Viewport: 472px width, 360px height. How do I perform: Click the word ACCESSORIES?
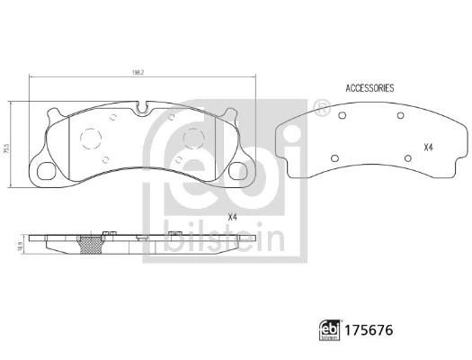pyautogui.click(x=370, y=89)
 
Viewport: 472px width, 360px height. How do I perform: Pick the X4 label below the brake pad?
pyautogui.click(x=233, y=217)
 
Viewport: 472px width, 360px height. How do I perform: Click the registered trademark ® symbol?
pyautogui.click(x=321, y=108)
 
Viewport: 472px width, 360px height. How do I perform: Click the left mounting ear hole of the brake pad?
pyautogui.click(x=45, y=171)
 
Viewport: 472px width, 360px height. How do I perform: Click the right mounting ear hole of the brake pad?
pyautogui.click(x=240, y=171)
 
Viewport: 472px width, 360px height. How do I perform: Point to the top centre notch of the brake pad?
pyautogui.click(x=142, y=110)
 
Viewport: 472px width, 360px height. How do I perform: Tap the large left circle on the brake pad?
pyautogui.click(x=91, y=139)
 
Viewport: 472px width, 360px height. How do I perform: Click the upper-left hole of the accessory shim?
pyautogui.click(x=343, y=118)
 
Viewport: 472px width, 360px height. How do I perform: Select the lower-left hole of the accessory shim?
pyautogui.click(x=334, y=159)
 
